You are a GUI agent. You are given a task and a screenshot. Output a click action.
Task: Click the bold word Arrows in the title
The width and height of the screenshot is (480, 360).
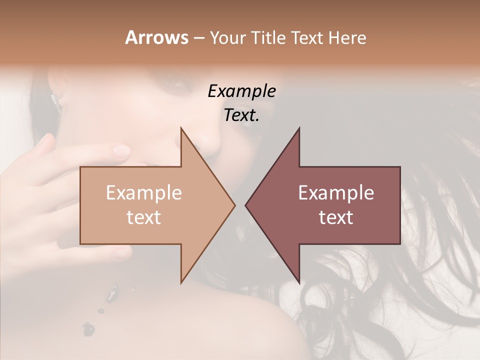click(156, 37)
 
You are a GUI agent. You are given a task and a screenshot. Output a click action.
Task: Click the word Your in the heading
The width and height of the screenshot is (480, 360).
click(226, 38)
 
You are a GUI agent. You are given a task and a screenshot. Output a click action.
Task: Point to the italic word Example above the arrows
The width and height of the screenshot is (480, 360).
click(241, 91)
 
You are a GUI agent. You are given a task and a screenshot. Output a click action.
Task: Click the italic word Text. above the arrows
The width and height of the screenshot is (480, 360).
click(241, 115)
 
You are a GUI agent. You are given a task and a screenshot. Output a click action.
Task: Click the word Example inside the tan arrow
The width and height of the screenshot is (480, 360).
click(144, 193)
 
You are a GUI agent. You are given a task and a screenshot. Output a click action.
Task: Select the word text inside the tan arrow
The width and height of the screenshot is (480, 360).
click(144, 217)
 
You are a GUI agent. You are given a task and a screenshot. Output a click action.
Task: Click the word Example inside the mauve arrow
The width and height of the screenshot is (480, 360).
click(336, 193)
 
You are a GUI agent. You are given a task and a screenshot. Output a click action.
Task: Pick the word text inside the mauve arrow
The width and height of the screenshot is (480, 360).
click(336, 217)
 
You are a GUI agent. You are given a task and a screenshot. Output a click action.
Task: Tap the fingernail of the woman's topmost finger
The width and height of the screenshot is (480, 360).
click(121, 149)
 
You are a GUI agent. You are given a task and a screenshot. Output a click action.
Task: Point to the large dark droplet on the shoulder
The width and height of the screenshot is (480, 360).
click(88, 328)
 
